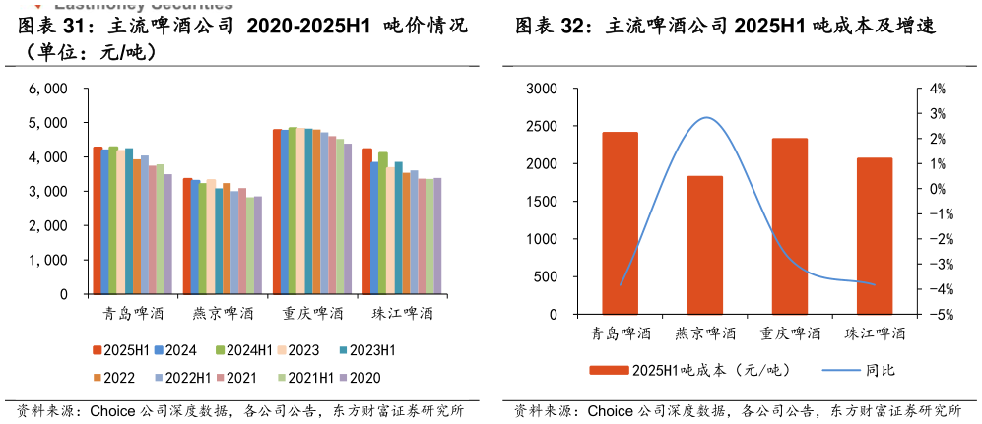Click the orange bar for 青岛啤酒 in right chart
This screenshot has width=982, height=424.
coord(620,223)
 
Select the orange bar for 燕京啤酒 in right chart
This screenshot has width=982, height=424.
coord(704,245)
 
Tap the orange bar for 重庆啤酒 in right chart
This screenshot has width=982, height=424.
coord(789,226)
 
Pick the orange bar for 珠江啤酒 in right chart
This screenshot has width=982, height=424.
coord(874,236)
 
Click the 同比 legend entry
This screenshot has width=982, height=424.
coord(880,371)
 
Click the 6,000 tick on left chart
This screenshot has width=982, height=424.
coord(48,89)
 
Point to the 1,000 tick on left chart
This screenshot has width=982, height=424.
coord(48,260)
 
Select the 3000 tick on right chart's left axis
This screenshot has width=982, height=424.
coord(541,89)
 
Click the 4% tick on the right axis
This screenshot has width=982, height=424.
coord(937,89)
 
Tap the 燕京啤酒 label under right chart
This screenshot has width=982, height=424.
coord(704,333)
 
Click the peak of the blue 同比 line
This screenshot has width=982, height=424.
coord(705,118)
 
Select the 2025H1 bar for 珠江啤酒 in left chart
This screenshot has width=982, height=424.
coord(366,221)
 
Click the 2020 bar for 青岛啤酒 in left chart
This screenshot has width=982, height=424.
coord(167,234)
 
